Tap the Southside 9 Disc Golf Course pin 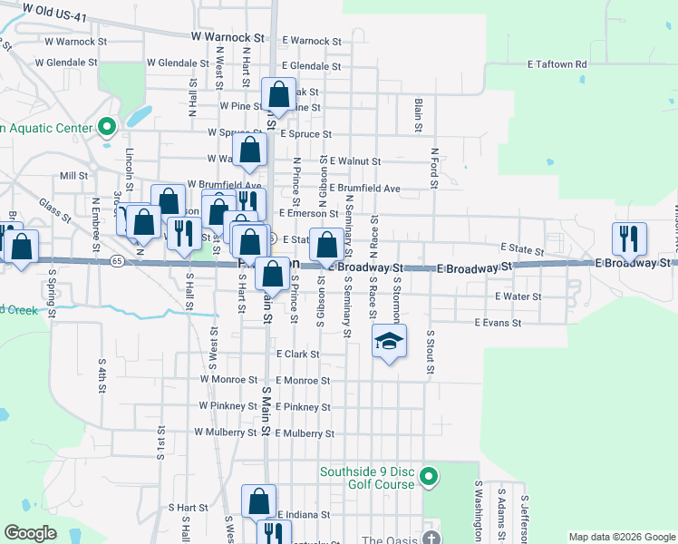(431, 475)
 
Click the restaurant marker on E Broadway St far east (630, 238)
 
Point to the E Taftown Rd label (557, 65)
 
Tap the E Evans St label (498, 323)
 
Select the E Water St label (518, 296)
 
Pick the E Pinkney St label (304, 407)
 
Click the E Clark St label (297, 354)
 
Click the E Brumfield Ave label (365, 189)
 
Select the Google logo (30, 533)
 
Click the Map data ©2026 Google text (622, 537)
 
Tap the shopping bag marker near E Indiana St (258, 501)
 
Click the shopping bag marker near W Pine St (279, 94)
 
